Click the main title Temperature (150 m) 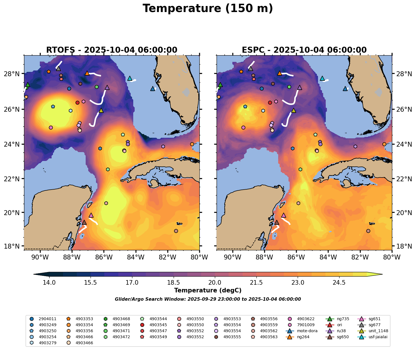(x=208, y=9)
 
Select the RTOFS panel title (x=112, y=50)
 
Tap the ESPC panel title (x=304, y=50)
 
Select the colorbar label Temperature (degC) (x=208, y=290)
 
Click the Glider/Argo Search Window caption (x=208, y=299)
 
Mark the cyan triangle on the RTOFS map (x=130, y=78)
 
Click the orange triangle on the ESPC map (x=280, y=73)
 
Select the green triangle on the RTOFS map (x=28, y=84)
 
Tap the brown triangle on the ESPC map (x=276, y=222)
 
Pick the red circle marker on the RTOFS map (x=77, y=103)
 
